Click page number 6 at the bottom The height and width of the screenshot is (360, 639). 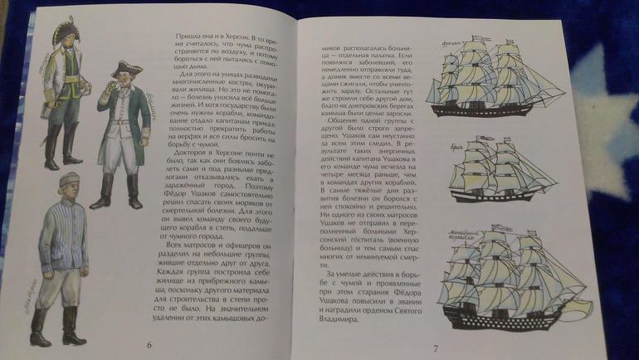tap(149, 344)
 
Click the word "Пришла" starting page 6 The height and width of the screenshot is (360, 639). tap(189, 39)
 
